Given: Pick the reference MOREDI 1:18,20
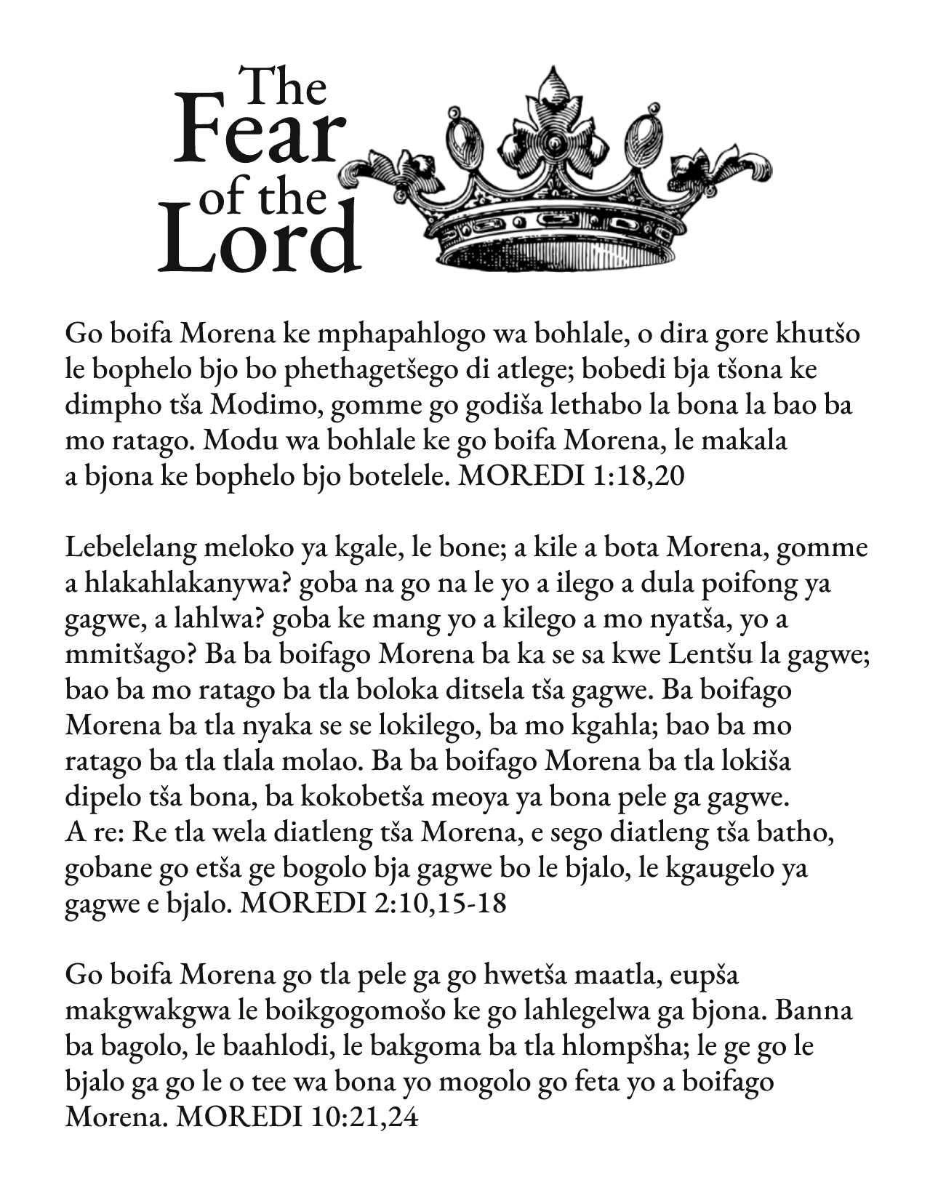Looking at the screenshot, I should (574, 477).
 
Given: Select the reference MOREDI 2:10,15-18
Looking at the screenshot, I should (372, 904).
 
